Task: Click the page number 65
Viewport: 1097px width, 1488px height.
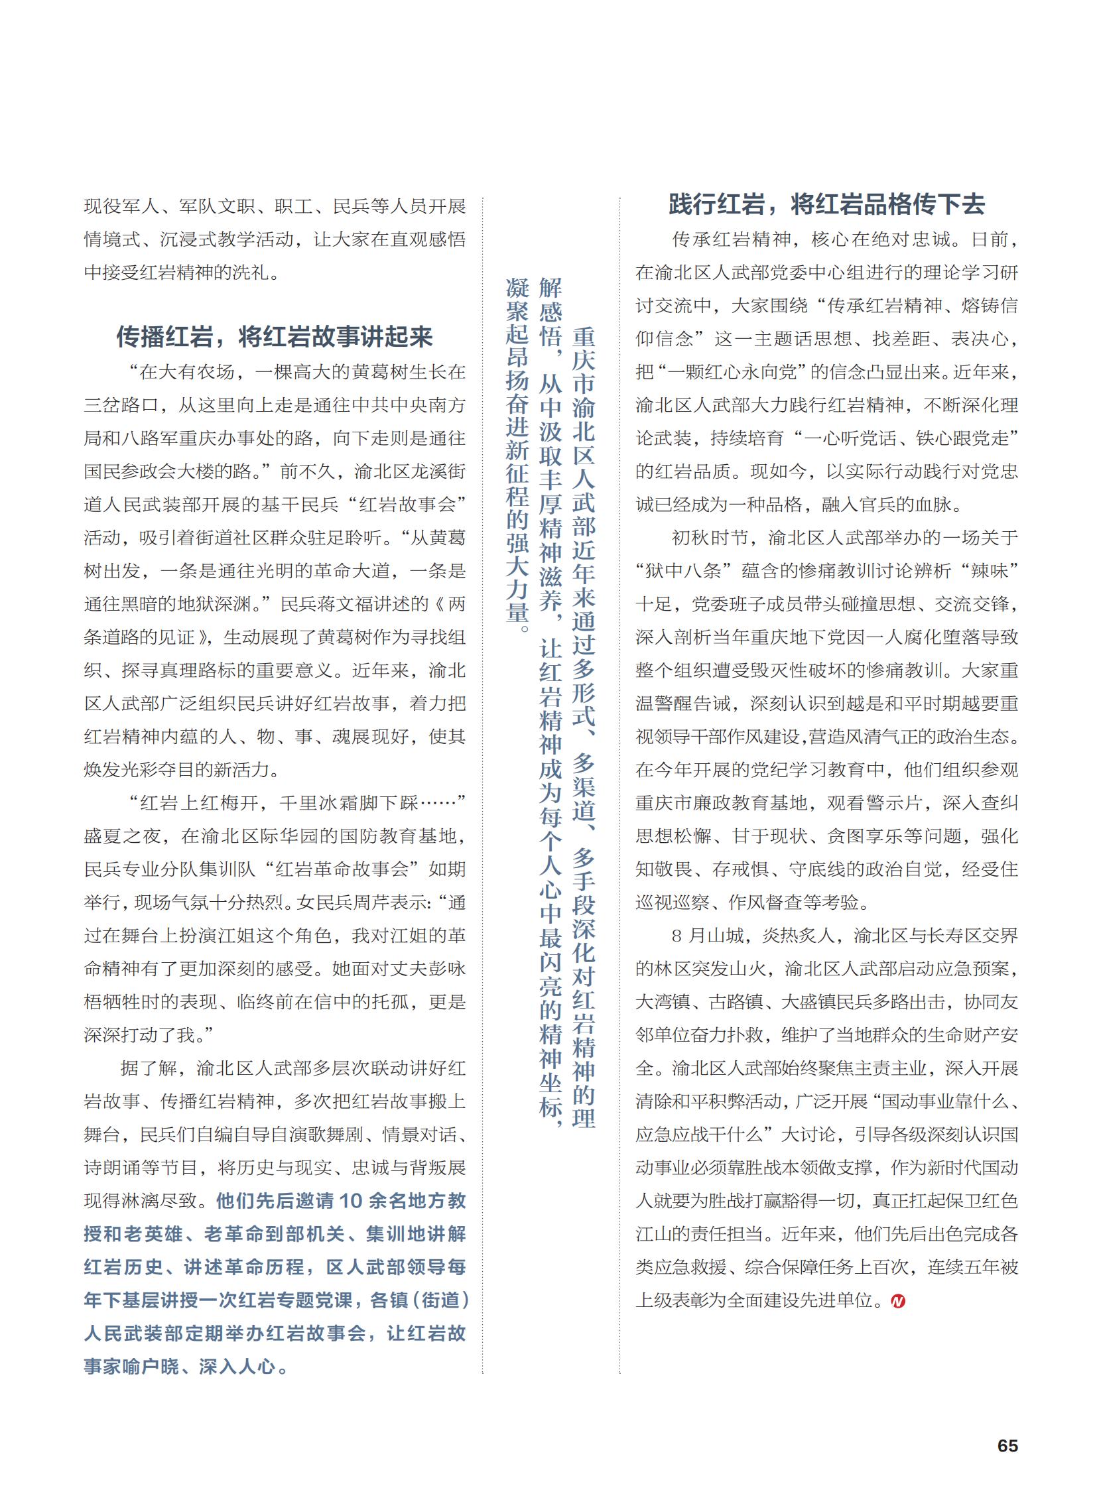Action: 1007,1446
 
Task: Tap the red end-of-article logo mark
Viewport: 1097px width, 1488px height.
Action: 898,1301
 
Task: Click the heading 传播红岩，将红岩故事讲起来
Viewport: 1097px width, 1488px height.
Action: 275,337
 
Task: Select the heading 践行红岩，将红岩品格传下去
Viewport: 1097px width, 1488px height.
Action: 826,204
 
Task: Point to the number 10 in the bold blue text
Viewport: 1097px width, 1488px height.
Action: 351,1200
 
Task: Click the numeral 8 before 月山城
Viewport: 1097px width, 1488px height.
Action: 677,936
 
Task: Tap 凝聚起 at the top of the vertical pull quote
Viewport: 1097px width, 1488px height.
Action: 517,311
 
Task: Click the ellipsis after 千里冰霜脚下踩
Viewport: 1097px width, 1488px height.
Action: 438,803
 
